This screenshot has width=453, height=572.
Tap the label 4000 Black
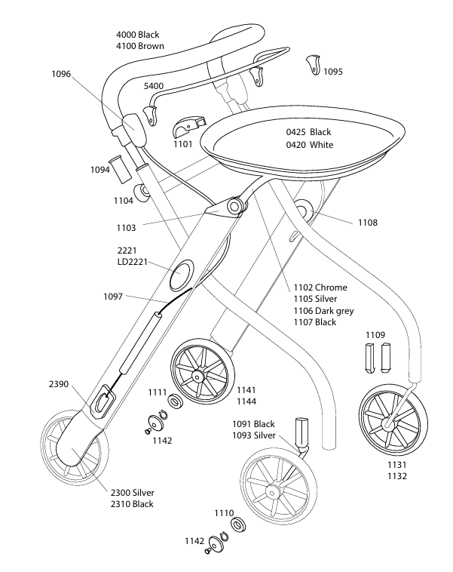coord(137,35)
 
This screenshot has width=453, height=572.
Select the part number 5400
coord(154,87)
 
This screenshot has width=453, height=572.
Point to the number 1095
coord(333,72)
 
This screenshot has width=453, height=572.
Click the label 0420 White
coord(309,145)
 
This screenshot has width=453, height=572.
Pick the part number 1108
coord(368,223)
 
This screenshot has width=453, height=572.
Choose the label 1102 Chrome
coord(320,288)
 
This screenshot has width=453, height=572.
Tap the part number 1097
coord(113,296)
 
